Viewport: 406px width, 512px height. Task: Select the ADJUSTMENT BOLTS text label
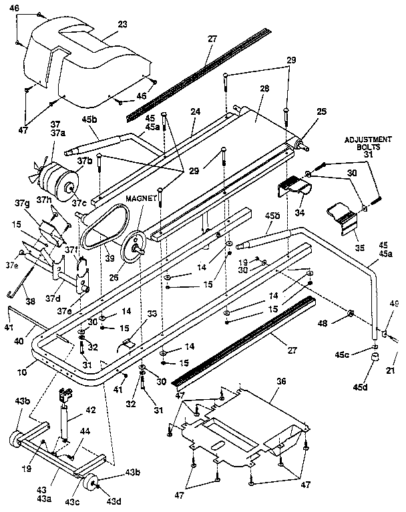pyautogui.click(x=368, y=144)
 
